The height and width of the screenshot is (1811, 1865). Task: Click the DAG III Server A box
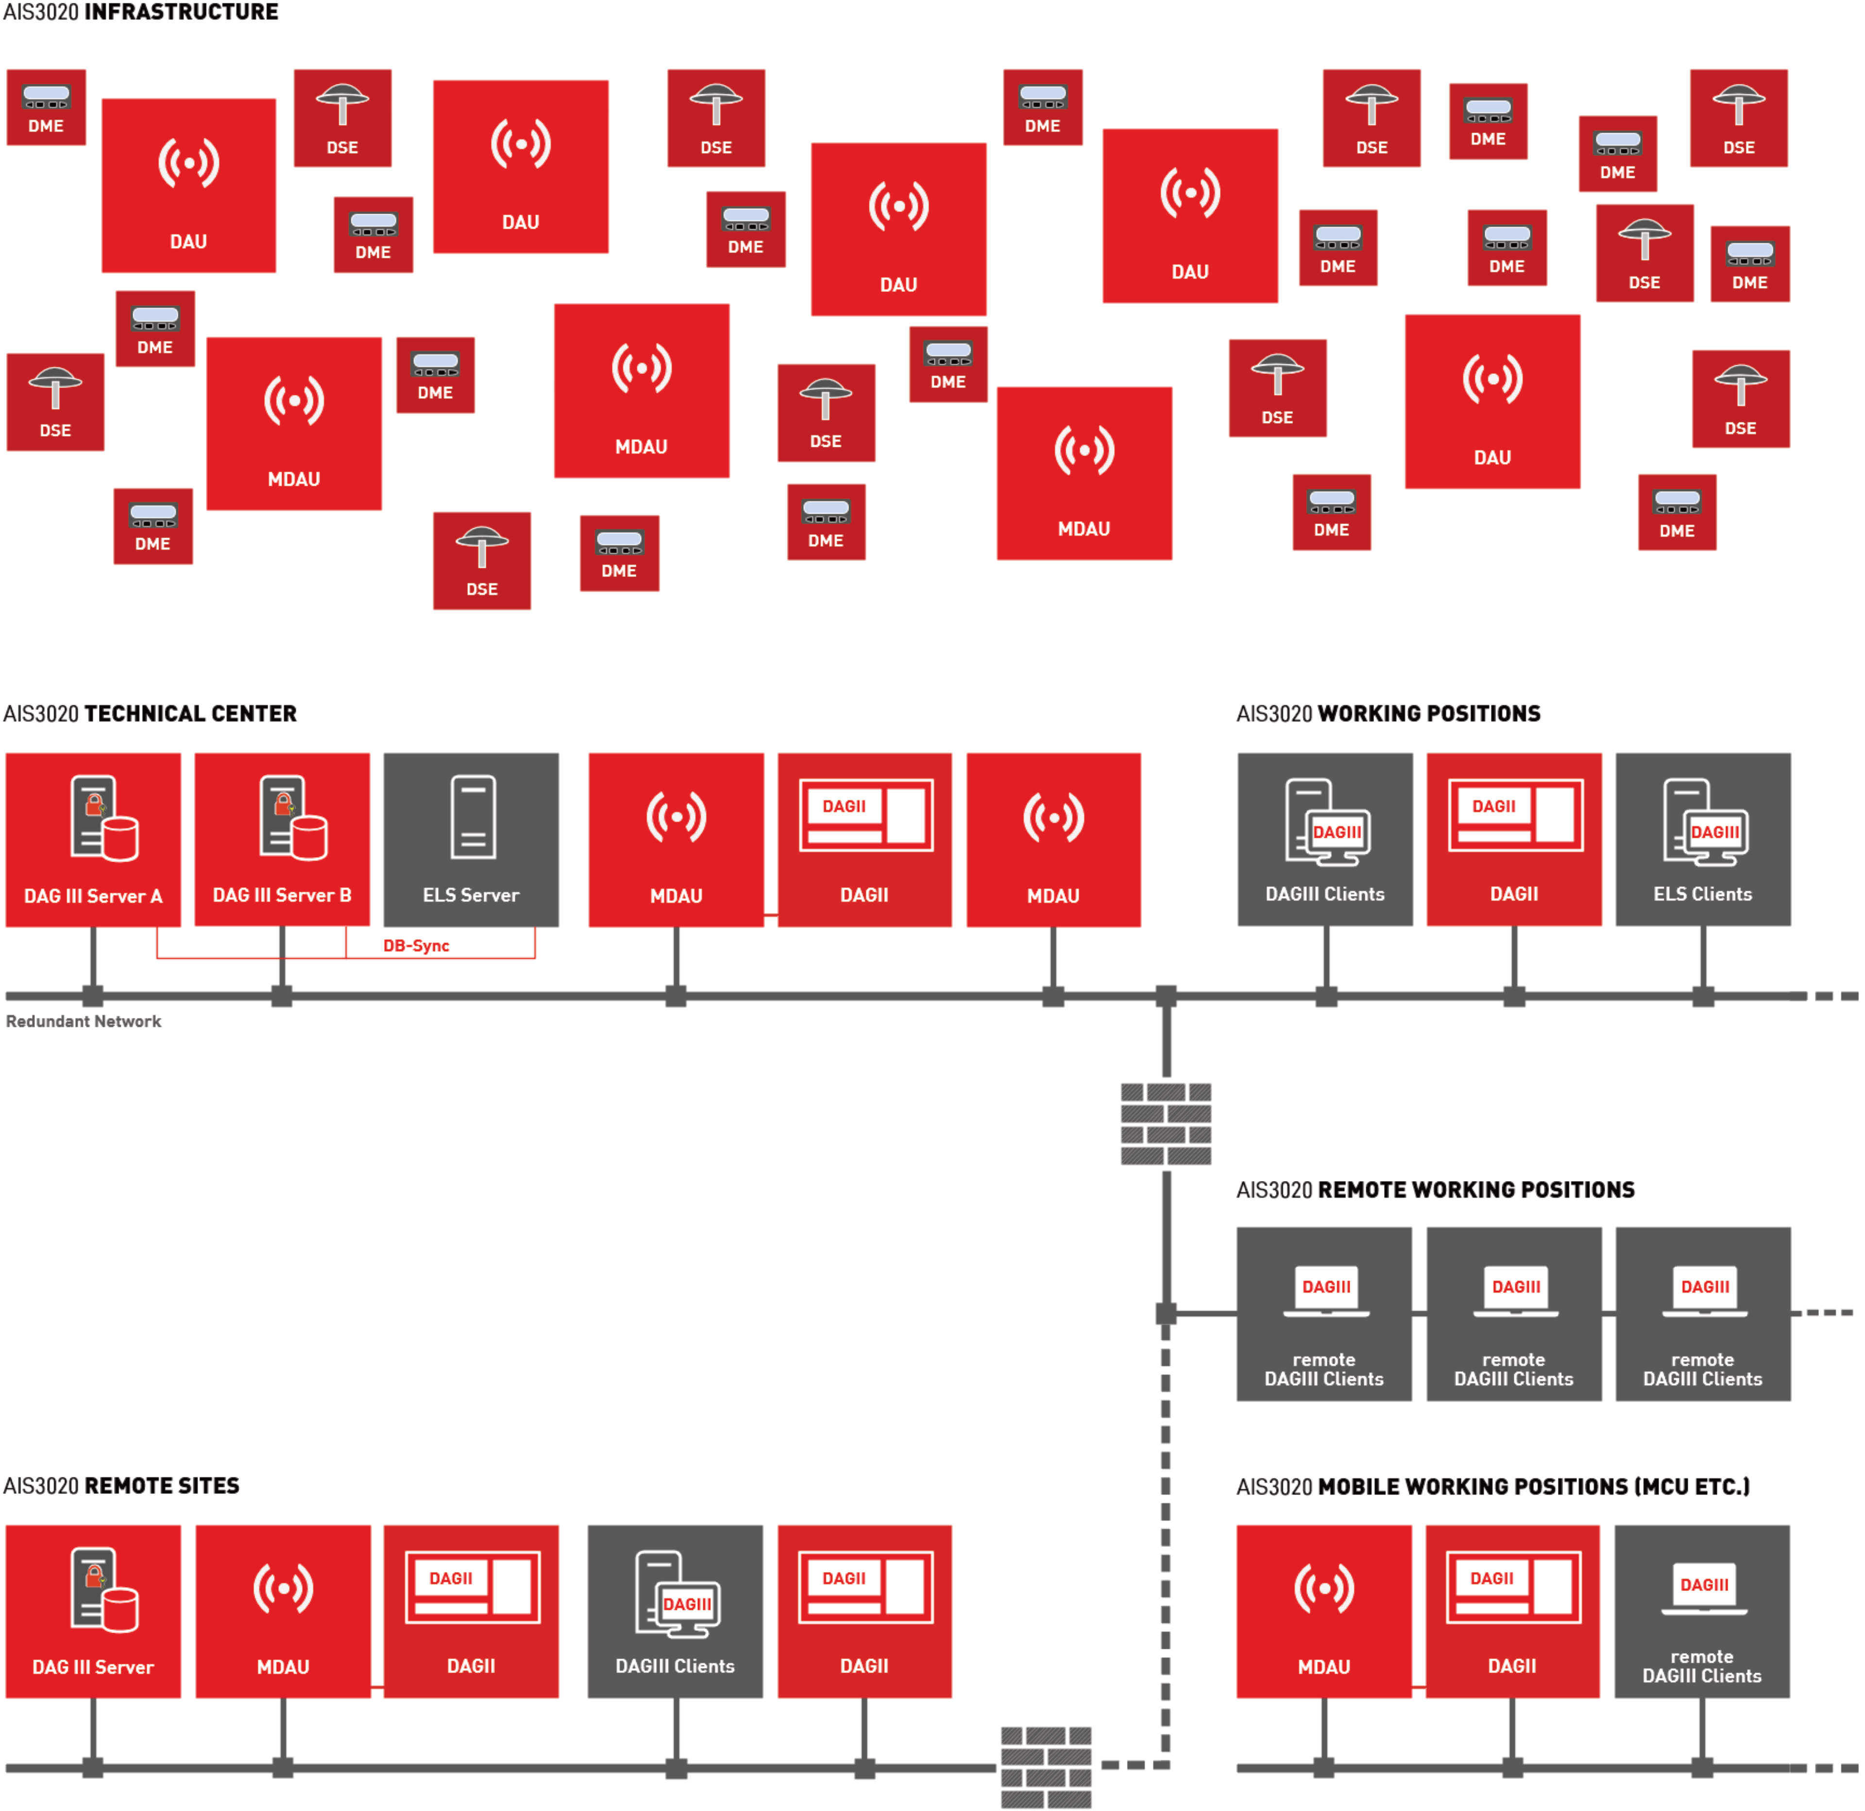pos(93,839)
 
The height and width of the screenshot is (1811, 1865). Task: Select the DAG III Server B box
pos(282,839)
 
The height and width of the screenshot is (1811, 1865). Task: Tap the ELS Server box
pos(471,839)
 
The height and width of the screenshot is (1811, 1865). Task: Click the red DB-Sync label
pos(416,945)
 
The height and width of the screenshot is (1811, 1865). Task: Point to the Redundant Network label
pos(84,1021)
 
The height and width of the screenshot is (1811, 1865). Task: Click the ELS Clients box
pos(1702,839)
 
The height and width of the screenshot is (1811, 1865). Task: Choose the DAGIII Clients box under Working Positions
pos(1324,839)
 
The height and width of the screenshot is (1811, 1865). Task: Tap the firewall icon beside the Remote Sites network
pos(1046,1766)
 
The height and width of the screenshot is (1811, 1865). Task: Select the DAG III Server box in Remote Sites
pos(93,1611)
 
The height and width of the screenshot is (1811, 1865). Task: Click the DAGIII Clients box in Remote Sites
pos(675,1611)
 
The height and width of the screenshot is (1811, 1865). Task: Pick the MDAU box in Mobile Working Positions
pos(1323,1611)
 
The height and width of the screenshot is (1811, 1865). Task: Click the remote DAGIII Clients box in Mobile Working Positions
pos(1701,1611)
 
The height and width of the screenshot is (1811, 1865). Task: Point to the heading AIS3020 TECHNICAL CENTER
pos(151,714)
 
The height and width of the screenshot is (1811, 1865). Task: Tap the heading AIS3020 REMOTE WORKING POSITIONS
pos(1435,1189)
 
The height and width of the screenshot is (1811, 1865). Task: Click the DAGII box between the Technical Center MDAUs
pos(864,839)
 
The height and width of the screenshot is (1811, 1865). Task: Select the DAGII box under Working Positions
pos(1514,839)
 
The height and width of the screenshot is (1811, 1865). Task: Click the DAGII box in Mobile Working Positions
pos(1512,1611)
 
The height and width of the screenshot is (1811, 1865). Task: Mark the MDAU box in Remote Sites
pos(283,1611)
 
